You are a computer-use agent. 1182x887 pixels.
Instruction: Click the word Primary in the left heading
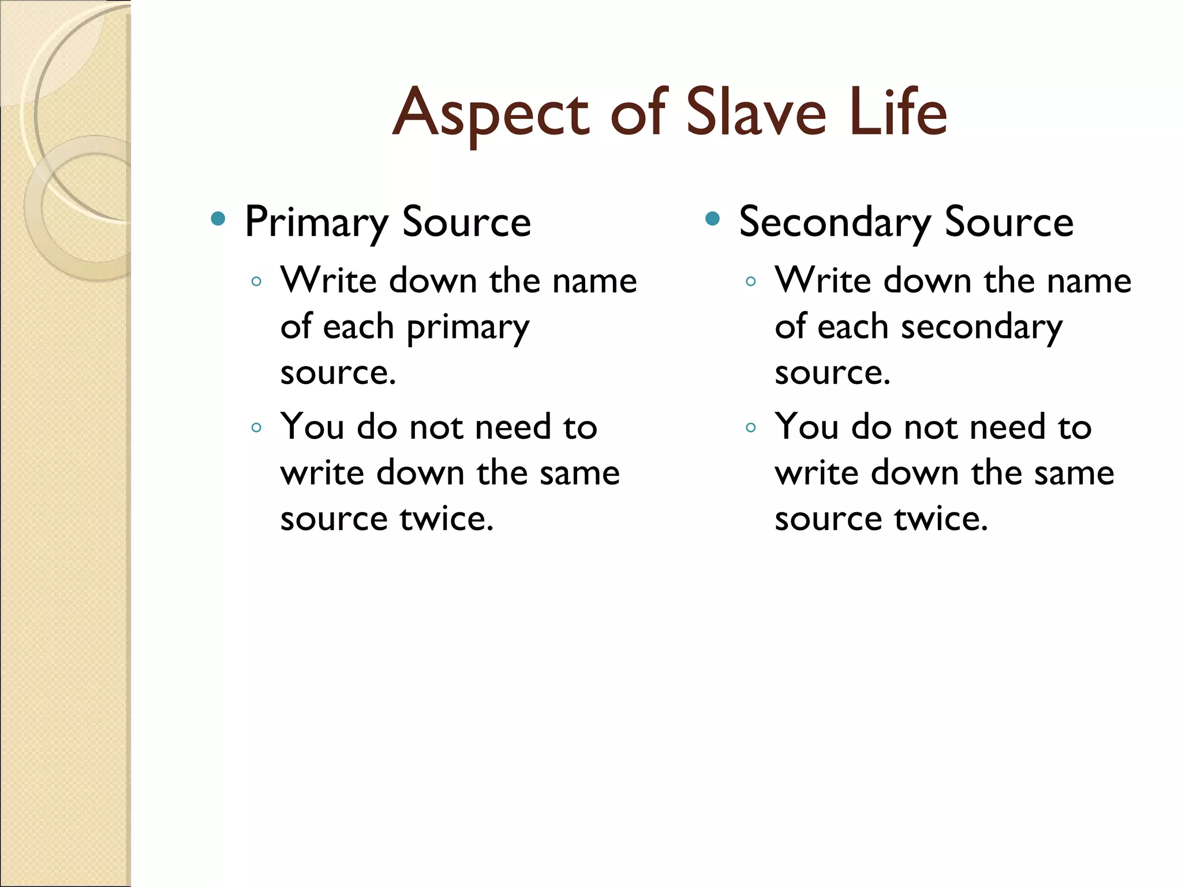pos(317,223)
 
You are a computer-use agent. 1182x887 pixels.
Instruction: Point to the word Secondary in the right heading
pos(835,223)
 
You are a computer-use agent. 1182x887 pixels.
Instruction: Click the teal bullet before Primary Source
pos(218,218)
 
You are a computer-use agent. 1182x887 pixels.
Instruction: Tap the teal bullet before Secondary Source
pos(713,218)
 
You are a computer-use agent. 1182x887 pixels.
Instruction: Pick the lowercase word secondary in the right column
pos(981,327)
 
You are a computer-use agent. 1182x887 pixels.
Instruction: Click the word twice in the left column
pos(447,519)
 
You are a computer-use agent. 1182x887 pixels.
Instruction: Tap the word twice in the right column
pos(941,519)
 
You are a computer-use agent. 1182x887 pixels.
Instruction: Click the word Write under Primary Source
pos(328,281)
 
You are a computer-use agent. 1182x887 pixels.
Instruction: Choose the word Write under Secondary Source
pos(823,281)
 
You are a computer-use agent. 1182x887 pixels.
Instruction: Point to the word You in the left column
pos(312,427)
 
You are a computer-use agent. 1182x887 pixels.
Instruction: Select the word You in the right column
pos(807,427)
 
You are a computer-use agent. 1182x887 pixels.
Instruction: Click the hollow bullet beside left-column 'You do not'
pos(257,428)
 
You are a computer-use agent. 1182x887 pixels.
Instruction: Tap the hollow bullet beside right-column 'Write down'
pos(751,282)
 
